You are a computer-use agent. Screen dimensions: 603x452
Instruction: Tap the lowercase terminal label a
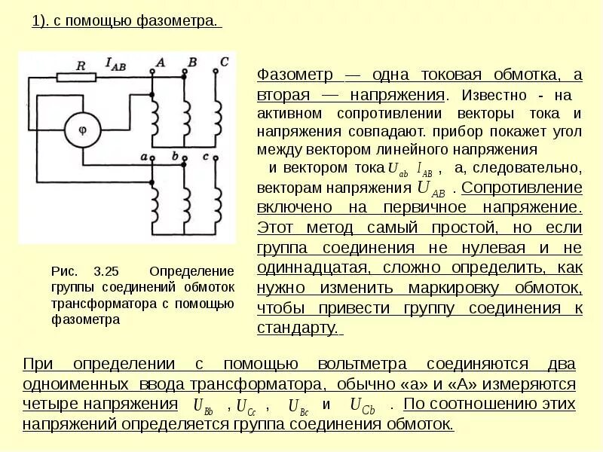pos(142,156)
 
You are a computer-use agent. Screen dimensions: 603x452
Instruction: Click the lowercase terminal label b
pos(175,156)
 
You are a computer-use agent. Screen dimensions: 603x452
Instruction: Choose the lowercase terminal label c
pos(207,156)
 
